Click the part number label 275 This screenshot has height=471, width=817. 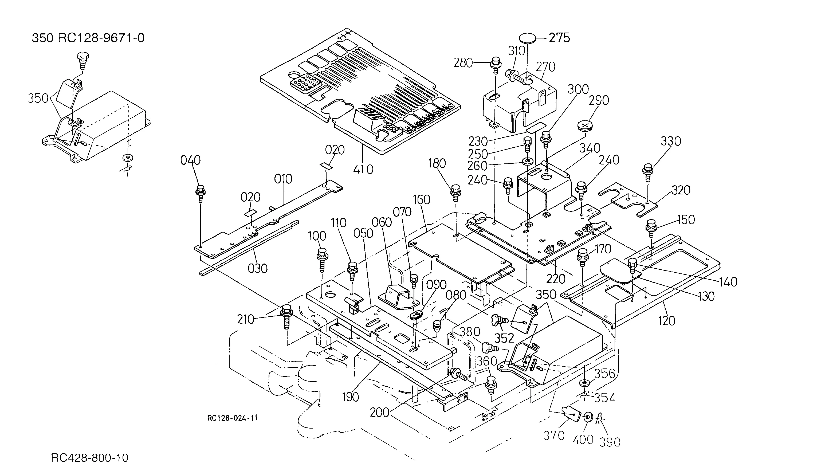pyautogui.click(x=559, y=38)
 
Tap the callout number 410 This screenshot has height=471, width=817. pyautogui.click(x=363, y=170)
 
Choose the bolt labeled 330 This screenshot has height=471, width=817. pyautogui.click(x=648, y=173)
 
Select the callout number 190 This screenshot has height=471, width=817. pyautogui.click(x=351, y=397)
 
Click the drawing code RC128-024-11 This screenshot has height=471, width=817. pyautogui.click(x=232, y=418)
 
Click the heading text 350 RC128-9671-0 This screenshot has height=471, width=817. pyautogui.click(x=88, y=38)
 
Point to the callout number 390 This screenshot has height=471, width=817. pyautogui.click(x=610, y=442)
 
